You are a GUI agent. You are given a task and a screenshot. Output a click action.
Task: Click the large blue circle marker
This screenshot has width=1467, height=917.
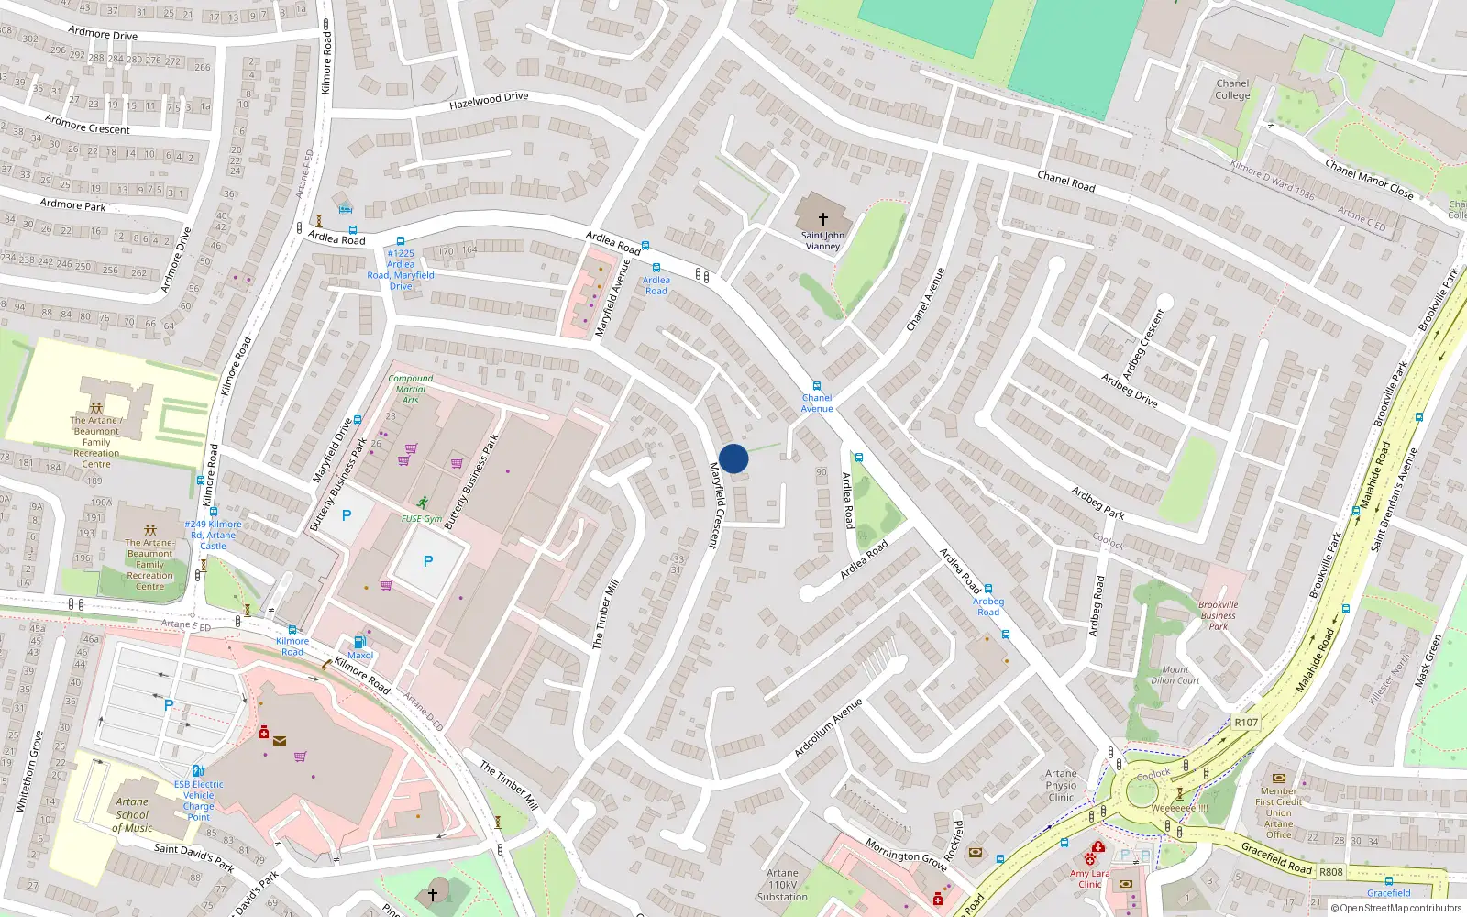(x=733, y=458)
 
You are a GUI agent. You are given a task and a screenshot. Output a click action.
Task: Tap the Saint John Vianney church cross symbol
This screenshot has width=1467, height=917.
(x=822, y=219)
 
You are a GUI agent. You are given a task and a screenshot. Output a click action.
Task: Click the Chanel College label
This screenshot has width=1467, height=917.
(x=1232, y=89)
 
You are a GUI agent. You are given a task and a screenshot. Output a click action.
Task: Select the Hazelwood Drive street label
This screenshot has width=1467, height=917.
(x=489, y=100)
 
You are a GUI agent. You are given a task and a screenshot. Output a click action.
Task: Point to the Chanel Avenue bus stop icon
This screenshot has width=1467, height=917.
(x=816, y=386)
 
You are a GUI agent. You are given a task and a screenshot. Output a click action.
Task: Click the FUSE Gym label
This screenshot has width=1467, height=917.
(x=422, y=518)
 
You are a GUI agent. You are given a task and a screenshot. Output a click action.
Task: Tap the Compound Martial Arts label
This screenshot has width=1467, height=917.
(x=410, y=389)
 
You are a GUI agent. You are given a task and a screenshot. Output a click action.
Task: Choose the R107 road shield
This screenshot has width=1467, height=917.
(x=1246, y=723)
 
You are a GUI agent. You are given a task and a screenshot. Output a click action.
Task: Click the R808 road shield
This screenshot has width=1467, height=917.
(x=1331, y=872)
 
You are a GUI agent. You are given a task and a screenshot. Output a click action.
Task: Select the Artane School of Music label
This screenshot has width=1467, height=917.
(x=132, y=814)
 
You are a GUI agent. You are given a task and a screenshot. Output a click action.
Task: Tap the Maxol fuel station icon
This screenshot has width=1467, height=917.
(x=359, y=642)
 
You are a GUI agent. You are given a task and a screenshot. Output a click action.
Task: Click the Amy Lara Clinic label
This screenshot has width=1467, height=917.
(x=1089, y=878)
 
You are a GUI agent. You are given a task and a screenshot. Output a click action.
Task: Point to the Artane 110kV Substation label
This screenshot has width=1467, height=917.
(x=782, y=885)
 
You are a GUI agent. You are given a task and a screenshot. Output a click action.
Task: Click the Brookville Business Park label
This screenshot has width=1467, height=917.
(x=1218, y=615)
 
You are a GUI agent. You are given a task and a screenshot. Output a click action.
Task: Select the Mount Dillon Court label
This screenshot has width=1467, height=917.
(x=1175, y=675)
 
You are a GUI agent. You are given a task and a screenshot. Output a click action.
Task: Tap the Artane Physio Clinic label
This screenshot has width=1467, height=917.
(x=1061, y=785)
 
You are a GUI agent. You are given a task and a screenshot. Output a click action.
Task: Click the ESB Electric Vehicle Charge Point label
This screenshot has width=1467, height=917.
(x=199, y=800)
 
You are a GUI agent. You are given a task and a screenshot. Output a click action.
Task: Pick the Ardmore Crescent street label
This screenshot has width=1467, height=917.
(x=88, y=124)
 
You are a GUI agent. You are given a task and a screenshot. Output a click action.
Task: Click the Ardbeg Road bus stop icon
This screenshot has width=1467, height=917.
(x=987, y=589)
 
